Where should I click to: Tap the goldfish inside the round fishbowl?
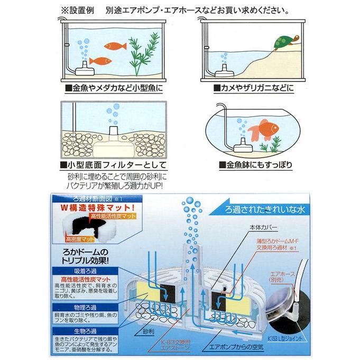263,130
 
